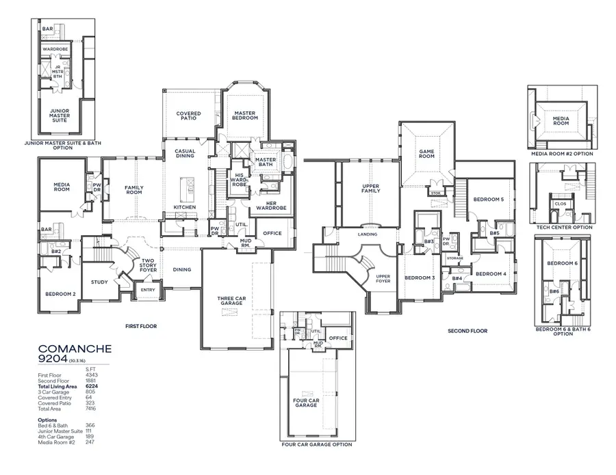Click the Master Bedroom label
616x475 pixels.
(x=245, y=116)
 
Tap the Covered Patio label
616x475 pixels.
(x=188, y=116)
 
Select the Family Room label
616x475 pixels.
(x=133, y=189)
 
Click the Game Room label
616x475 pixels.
(x=426, y=153)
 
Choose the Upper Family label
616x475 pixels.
(x=370, y=189)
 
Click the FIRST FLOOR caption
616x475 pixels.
(x=140, y=327)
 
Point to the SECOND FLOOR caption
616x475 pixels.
(x=467, y=331)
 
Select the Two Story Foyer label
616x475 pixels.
(x=149, y=265)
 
